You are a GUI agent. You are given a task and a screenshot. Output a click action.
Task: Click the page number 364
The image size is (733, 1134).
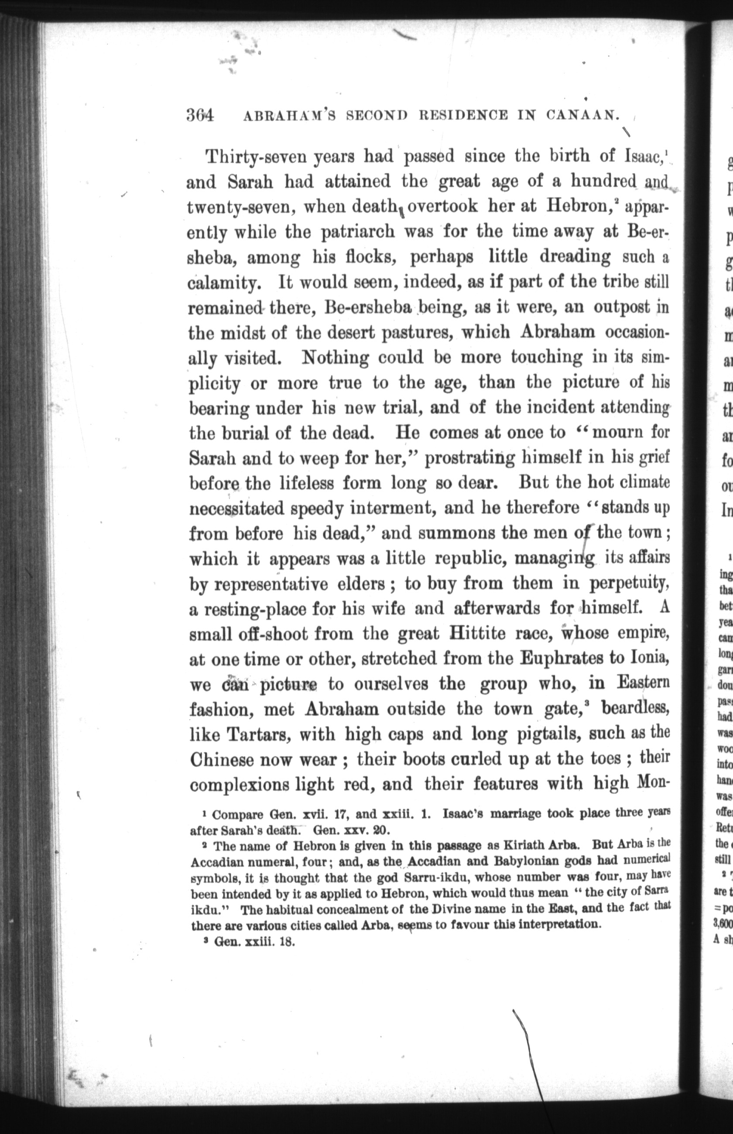click(x=200, y=116)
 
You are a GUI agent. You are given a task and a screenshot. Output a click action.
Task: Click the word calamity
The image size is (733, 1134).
click(x=224, y=283)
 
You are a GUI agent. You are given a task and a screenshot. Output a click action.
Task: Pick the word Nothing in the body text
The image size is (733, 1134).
click(x=335, y=357)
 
